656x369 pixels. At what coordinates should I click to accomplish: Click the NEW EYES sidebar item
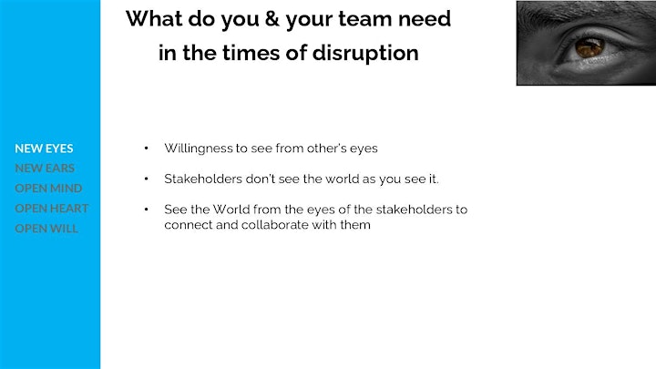click(x=44, y=149)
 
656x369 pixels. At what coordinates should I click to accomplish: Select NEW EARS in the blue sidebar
click(x=45, y=169)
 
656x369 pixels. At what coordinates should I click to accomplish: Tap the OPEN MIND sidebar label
click(x=48, y=189)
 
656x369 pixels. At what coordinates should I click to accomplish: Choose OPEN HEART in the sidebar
click(x=52, y=209)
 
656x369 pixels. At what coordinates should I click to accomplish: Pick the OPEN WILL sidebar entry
click(x=46, y=229)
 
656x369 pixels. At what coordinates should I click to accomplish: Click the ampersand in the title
click(x=272, y=19)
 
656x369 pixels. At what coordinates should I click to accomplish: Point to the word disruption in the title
click(x=365, y=54)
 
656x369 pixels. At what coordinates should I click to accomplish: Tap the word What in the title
click(x=154, y=19)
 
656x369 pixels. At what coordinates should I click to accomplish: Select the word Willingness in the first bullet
click(x=199, y=149)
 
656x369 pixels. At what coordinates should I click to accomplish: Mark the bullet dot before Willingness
click(x=146, y=149)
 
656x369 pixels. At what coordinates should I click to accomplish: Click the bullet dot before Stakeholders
click(x=146, y=179)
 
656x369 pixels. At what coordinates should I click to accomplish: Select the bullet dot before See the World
click(x=146, y=210)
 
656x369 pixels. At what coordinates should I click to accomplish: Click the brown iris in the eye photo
click(x=589, y=47)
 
